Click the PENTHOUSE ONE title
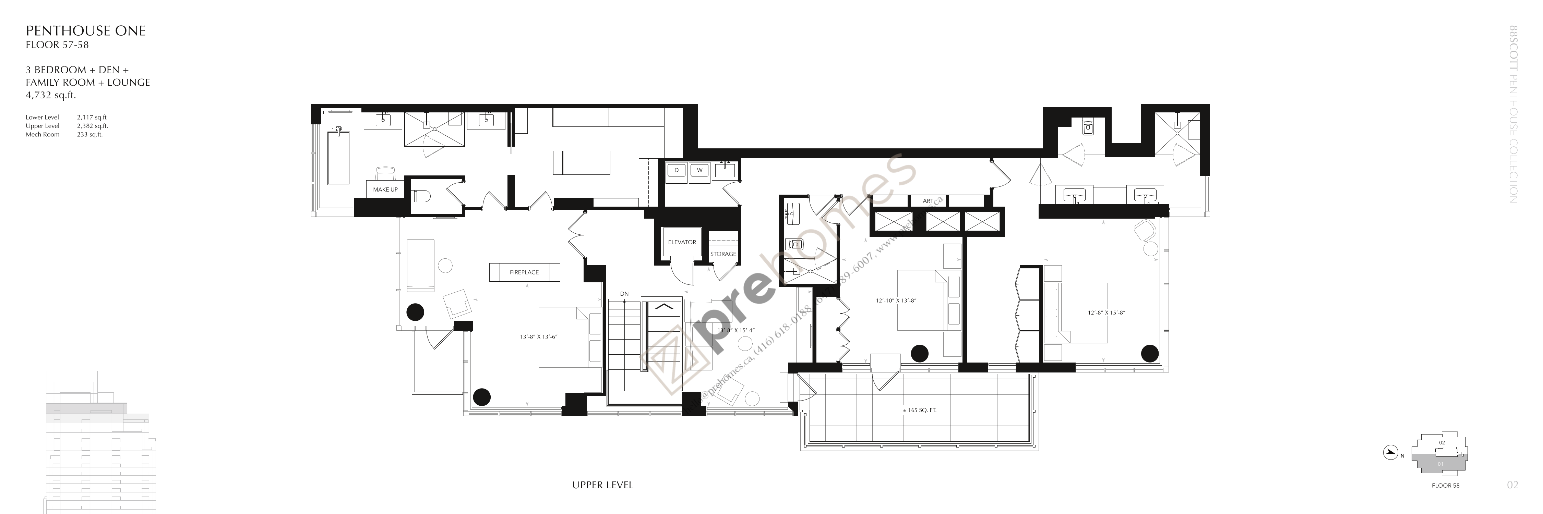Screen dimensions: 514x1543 click(x=86, y=31)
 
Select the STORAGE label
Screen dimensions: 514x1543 click(x=723, y=254)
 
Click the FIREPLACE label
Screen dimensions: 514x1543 click(x=524, y=272)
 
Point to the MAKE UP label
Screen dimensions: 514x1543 click(x=385, y=190)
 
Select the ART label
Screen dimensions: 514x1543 click(x=928, y=201)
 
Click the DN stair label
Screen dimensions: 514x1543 click(x=624, y=294)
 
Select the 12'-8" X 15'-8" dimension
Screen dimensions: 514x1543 click(x=1107, y=313)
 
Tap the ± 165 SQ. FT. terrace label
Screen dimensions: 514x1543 click(x=919, y=411)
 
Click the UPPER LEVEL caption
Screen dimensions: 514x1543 click(x=602, y=485)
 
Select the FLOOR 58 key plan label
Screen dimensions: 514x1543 click(x=1445, y=485)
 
